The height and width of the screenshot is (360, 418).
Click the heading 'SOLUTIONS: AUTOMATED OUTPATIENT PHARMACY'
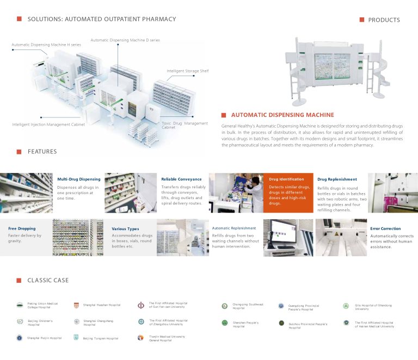[x=102, y=19]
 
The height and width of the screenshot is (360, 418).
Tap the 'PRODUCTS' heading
[x=384, y=20]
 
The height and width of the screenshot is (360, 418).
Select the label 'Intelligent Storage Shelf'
[x=187, y=71]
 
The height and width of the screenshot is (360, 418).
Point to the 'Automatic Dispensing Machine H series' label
[x=46, y=45]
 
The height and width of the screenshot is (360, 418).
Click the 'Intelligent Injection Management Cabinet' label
[x=48, y=125]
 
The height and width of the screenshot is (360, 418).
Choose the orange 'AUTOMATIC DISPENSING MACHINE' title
[x=282, y=115]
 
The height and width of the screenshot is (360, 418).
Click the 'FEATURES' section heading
[x=42, y=152]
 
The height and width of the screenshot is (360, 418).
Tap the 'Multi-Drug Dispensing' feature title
[x=79, y=179]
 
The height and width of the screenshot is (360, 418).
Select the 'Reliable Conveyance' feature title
[x=181, y=179]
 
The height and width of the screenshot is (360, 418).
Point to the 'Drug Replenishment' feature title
[x=337, y=179]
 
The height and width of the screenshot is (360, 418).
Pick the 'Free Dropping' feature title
[x=22, y=229]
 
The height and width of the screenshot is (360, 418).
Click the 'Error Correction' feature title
[x=385, y=229]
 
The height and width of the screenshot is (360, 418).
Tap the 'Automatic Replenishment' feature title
[x=234, y=228]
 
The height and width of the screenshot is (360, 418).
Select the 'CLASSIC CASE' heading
[x=48, y=281]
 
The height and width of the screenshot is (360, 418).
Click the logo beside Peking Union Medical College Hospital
[x=20, y=305]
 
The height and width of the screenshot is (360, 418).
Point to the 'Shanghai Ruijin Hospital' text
[x=44, y=338]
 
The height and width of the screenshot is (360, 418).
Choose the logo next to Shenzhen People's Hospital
[x=224, y=323]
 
